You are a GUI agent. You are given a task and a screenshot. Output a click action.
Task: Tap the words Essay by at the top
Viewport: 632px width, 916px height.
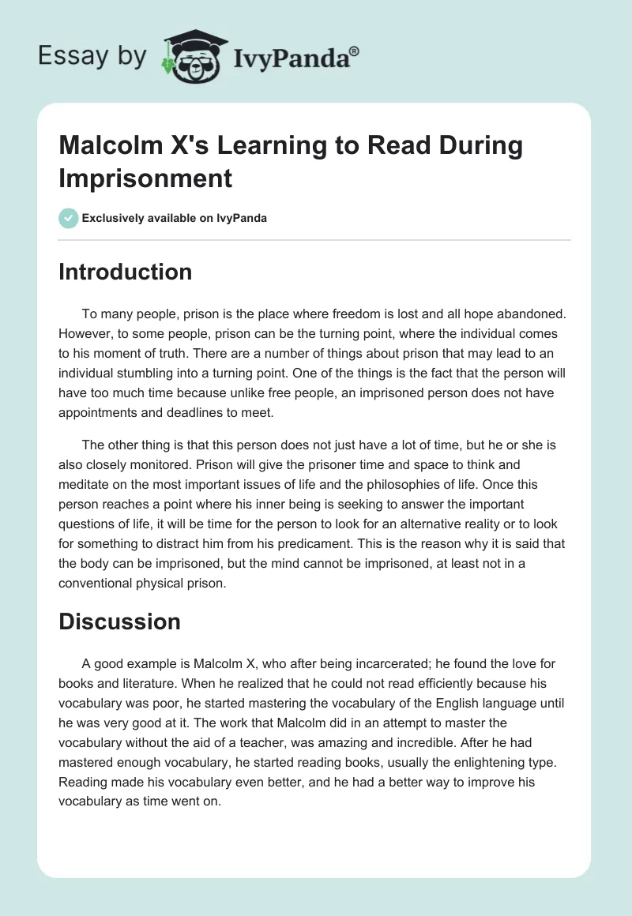(x=92, y=56)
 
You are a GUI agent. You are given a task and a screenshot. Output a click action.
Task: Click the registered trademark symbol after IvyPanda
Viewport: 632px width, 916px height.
(x=355, y=51)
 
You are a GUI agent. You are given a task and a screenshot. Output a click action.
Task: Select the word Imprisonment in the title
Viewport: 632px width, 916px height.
(x=145, y=178)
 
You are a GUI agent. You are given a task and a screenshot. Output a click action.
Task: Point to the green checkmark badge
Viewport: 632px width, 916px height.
(x=69, y=218)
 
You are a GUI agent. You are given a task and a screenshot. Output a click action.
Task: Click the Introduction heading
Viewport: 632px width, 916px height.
(x=125, y=272)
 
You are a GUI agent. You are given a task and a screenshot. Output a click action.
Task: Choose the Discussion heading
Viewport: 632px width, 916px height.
(x=119, y=621)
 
